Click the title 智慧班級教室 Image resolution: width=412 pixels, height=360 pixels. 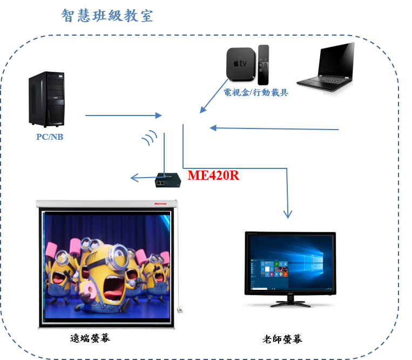107,16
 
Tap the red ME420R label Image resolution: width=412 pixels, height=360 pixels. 213,175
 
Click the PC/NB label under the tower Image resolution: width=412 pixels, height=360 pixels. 50,137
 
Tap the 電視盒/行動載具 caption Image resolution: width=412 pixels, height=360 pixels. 256,93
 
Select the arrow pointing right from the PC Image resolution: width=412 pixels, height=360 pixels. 124,116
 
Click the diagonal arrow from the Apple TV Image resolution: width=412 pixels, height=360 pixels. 214,97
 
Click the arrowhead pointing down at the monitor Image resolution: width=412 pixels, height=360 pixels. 288,214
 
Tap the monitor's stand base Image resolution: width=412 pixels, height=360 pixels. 290,303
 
